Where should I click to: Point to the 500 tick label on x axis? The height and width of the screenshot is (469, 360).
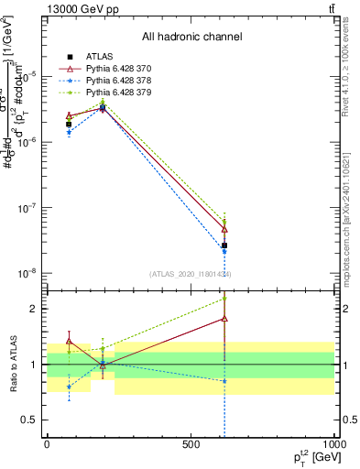point(191,444)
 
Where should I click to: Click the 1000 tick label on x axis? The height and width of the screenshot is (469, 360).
point(333,444)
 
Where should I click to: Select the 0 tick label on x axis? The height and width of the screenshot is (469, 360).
point(47,444)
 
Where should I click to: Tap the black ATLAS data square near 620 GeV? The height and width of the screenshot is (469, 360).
point(224,245)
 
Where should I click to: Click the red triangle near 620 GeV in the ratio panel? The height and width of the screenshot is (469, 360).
point(224,319)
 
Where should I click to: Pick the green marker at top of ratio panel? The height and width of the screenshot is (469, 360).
point(224,299)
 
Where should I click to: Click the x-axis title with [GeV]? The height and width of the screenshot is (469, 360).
point(314,457)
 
